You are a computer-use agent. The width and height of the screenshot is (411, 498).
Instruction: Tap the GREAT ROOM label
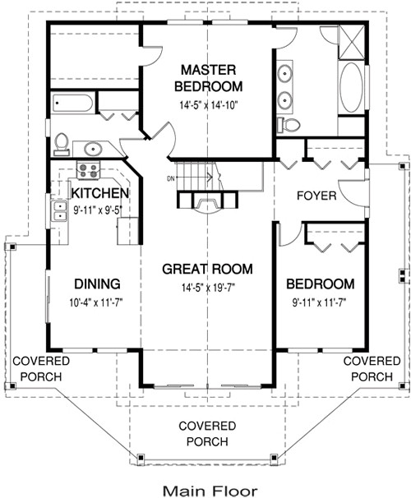pyautogui.click(x=206, y=269)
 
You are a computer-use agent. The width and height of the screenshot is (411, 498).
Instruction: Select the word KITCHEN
pyautogui.click(x=99, y=193)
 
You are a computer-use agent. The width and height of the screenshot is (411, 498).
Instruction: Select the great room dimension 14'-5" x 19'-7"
pyautogui.click(x=206, y=287)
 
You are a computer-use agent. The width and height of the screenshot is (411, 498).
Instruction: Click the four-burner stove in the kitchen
pyautogui.click(x=88, y=171)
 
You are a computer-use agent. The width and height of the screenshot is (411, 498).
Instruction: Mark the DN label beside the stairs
pyautogui.click(x=171, y=178)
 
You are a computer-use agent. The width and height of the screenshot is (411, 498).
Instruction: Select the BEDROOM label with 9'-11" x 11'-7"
pyautogui.click(x=320, y=284)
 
